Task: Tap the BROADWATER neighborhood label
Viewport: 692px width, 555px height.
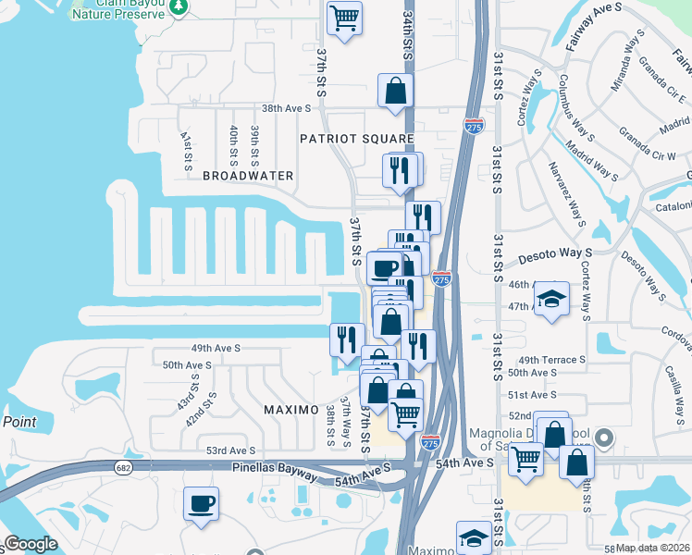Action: pos(248,175)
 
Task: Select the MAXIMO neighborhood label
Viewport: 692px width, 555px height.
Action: pos(290,409)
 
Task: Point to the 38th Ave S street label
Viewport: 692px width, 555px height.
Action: pos(287,108)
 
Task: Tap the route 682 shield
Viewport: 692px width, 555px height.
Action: pos(123,469)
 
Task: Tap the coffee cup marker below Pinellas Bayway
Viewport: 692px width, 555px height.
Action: pos(202,505)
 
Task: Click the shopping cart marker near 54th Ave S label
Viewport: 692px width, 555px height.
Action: pos(525,456)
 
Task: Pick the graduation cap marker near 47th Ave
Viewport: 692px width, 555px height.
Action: pos(552,299)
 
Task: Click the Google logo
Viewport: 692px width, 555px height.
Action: pos(31,545)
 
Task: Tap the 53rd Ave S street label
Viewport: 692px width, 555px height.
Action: pos(230,450)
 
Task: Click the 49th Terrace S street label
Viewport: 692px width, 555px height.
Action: pos(552,360)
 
